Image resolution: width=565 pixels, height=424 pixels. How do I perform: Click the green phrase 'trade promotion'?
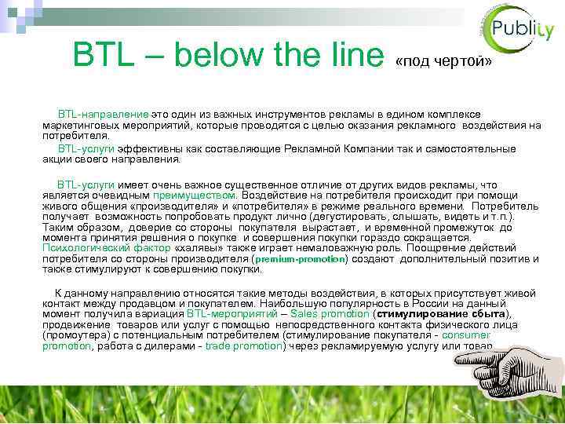tap(243, 346)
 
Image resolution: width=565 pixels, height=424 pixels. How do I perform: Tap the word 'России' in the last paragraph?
tap(428, 302)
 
